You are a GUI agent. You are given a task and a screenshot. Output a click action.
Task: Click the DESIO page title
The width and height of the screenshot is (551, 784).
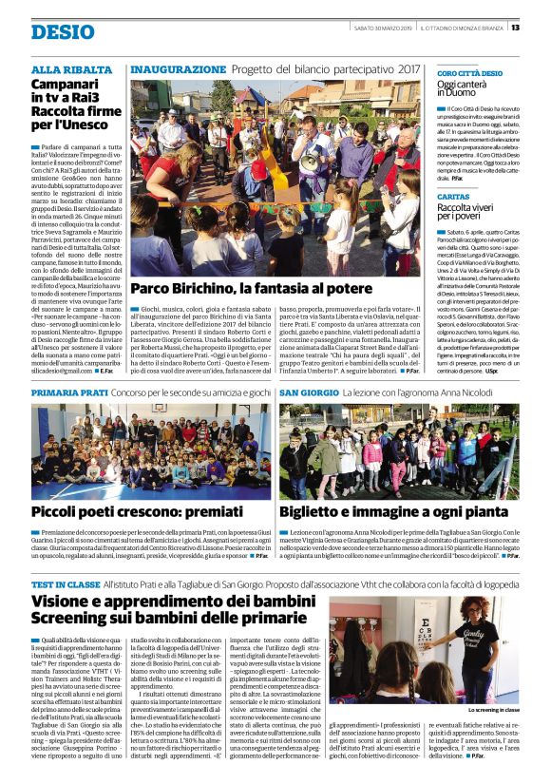pos(63,31)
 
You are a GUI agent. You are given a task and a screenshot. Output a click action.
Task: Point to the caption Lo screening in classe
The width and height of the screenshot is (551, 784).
pos(493,709)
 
